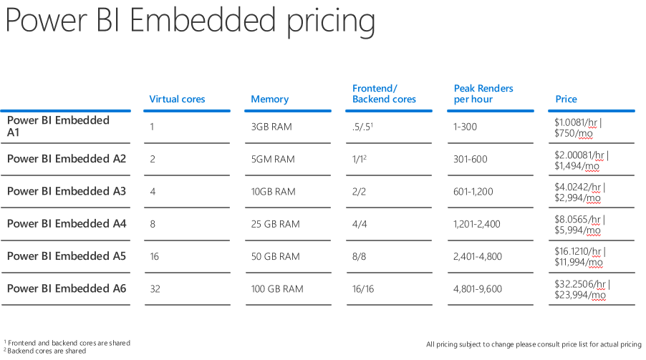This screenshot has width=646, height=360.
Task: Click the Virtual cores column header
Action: (x=177, y=99)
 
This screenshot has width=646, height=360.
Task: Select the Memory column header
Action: (x=269, y=99)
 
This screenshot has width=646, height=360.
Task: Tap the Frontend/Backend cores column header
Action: (x=384, y=94)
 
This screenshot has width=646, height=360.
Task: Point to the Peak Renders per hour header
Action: (x=483, y=94)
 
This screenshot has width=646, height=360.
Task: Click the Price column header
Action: (x=566, y=99)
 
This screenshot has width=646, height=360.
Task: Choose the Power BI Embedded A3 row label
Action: (x=67, y=191)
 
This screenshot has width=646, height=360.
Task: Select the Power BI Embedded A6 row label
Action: (x=67, y=288)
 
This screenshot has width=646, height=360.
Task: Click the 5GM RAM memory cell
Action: (x=272, y=159)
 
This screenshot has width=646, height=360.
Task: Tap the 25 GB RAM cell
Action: (x=275, y=224)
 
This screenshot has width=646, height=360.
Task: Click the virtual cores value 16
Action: (x=155, y=256)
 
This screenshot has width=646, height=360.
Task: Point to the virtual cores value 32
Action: (x=155, y=289)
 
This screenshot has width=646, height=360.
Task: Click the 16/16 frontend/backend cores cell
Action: (x=363, y=289)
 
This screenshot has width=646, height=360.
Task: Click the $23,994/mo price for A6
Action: (x=580, y=295)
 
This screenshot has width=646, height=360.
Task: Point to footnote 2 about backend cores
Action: (x=46, y=351)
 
